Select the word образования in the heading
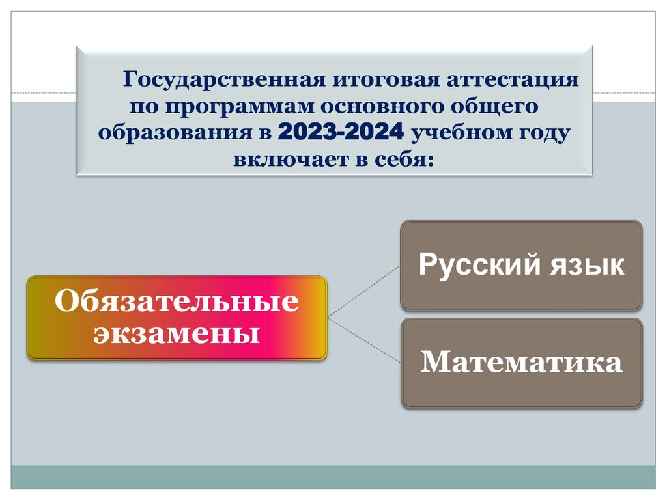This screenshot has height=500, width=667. (x=175, y=133)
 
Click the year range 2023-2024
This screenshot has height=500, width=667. (x=341, y=132)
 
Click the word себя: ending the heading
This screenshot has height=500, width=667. (x=404, y=160)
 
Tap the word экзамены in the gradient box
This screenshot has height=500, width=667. (x=177, y=334)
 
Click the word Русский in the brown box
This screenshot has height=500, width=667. (x=481, y=266)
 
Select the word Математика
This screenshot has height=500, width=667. (x=522, y=362)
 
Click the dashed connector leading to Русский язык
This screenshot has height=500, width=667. (x=364, y=292)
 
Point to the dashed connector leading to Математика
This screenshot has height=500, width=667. (x=364, y=340)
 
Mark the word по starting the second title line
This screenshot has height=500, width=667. (x=144, y=107)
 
